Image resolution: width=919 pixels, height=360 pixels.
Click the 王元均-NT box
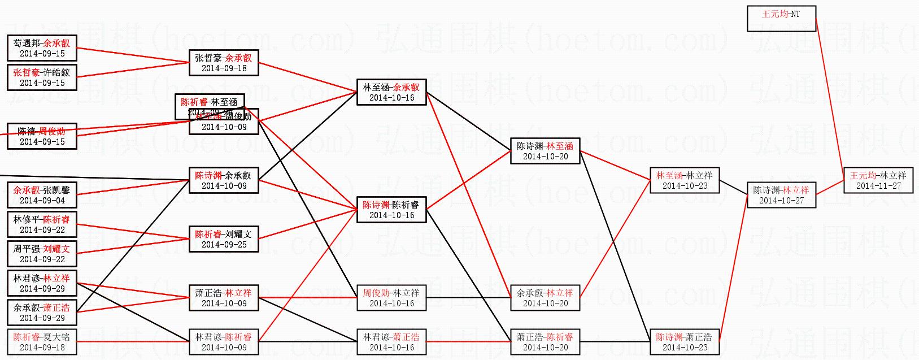tap(781, 19)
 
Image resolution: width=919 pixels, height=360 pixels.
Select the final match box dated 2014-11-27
tap(878, 180)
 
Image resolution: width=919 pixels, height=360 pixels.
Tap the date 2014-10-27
tap(781, 201)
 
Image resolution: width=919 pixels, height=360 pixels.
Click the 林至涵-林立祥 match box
tap(684, 180)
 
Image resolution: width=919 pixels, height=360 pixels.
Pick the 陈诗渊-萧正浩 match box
tap(684, 342)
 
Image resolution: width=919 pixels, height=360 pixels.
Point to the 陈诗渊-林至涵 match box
tap(545, 151)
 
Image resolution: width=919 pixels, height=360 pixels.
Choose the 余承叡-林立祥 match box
tap(545, 298)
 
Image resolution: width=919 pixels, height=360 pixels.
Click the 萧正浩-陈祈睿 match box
tap(545, 342)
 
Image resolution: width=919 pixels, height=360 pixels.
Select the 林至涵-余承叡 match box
tap(391, 92)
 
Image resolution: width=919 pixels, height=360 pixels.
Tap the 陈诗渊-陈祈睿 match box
tap(391, 210)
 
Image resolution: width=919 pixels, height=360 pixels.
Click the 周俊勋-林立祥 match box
tap(391, 298)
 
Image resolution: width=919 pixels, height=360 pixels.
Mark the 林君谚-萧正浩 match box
tap(391, 342)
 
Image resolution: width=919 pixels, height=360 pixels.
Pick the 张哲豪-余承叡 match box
tap(224, 63)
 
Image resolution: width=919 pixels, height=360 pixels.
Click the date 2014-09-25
tap(224, 245)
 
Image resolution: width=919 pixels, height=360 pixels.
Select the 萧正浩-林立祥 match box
tap(224, 298)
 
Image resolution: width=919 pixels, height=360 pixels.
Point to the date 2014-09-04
tap(42, 201)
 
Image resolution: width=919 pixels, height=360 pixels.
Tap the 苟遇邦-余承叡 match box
tap(42, 48)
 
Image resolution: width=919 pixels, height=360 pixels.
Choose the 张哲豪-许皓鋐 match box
tap(42, 77)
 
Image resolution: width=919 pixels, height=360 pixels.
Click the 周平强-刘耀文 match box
tap(42, 254)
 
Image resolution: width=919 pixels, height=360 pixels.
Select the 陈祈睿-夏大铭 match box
tap(42, 342)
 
